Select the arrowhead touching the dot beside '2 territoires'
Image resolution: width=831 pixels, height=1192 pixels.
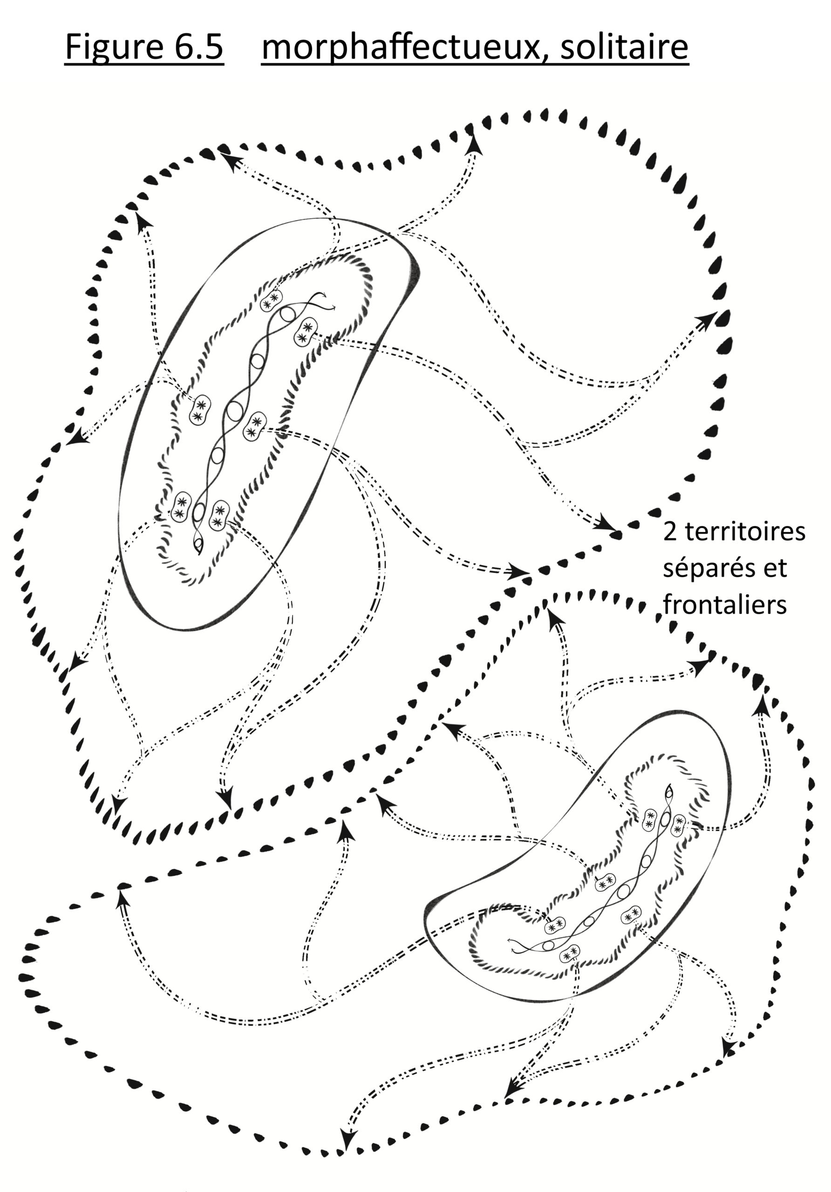(x=606, y=522)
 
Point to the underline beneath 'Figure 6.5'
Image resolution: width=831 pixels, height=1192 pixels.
(x=144, y=64)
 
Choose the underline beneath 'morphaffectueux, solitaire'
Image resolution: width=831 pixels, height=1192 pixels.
(x=475, y=64)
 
